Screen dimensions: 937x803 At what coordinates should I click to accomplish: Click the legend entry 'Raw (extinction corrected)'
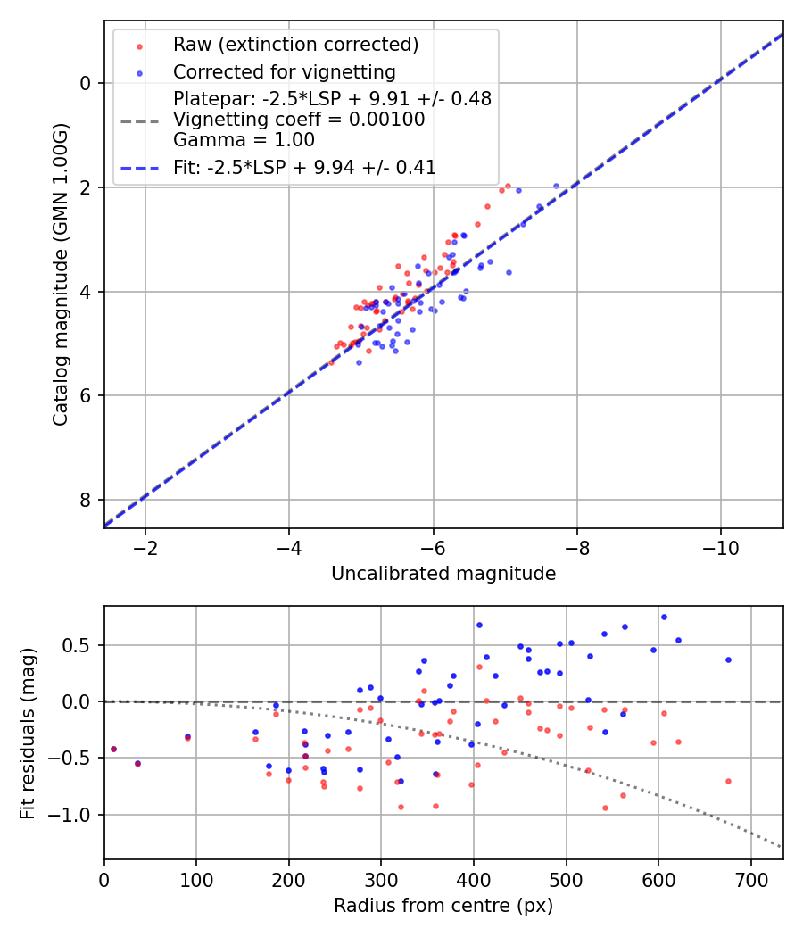[x=296, y=45]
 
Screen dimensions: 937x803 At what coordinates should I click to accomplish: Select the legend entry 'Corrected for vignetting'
[x=284, y=71]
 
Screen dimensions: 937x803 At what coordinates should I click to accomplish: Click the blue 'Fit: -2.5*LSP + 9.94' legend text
[x=304, y=167]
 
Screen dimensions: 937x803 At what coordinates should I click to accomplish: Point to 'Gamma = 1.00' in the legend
[x=244, y=139]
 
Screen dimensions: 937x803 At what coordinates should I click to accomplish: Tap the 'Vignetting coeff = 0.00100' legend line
[x=299, y=119]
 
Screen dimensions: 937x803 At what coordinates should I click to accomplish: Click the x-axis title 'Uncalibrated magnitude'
[x=443, y=574]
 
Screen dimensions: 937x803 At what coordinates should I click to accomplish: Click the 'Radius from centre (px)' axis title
[x=443, y=906]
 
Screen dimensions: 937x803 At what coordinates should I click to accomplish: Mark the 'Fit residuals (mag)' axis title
[x=29, y=733]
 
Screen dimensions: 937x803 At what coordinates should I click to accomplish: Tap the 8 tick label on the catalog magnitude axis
[x=86, y=500]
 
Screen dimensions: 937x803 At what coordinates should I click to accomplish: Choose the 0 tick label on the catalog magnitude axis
[x=86, y=83]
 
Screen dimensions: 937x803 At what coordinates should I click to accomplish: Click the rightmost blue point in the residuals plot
[x=728, y=659]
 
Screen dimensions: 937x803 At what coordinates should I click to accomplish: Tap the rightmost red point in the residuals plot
[x=728, y=781]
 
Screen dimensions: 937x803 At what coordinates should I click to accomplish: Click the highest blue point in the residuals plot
[x=664, y=617]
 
